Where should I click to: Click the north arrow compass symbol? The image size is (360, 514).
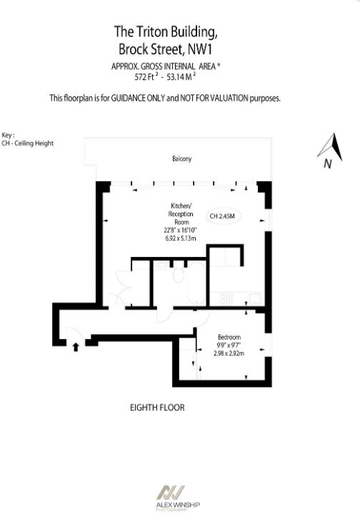[x=330, y=150]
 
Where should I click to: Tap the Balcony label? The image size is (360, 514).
[x=181, y=158]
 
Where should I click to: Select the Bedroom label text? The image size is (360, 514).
[x=229, y=337]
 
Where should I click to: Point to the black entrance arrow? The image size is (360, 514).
[x=76, y=347]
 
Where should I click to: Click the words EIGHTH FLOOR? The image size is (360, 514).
[x=157, y=408]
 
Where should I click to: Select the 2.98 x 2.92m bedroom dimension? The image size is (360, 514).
[x=229, y=353]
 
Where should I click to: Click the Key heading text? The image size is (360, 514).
[x=9, y=135]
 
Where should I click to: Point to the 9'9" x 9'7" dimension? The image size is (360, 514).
[x=229, y=345]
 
